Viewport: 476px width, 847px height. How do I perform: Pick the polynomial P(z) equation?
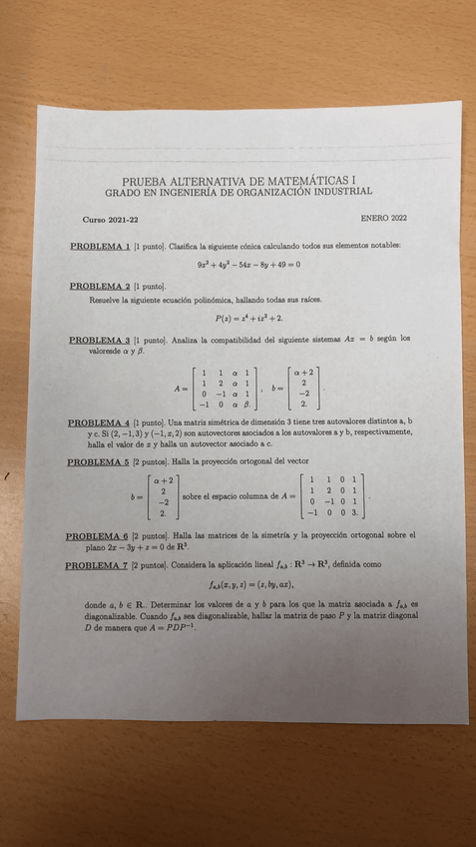(249, 319)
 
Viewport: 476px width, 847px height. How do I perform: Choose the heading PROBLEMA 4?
(96, 423)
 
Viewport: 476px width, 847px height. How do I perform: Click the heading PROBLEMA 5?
(96, 462)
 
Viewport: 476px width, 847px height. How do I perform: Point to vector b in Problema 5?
(160, 496)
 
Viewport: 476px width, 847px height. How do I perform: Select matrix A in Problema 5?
(334, 496)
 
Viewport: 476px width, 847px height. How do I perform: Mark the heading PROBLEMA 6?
(96, 536)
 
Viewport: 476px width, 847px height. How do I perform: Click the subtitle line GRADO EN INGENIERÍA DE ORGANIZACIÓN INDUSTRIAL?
(238, 191)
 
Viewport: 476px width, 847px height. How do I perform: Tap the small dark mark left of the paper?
(7, 477)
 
